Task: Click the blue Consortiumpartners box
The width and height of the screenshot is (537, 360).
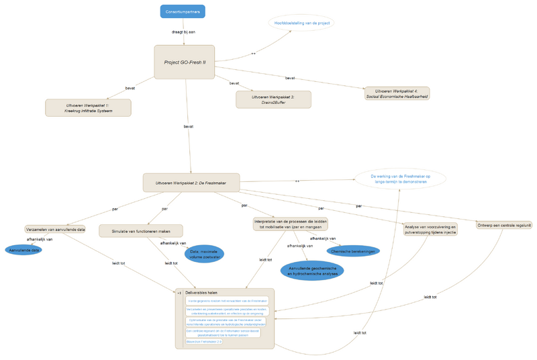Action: [183, 11]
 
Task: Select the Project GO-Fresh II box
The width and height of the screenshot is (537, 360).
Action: [185, 62]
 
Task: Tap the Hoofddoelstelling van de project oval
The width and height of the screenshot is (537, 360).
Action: [301, 23]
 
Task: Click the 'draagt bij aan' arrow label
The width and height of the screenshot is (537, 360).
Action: [183, 32]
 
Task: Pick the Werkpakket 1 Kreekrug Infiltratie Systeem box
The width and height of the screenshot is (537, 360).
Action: [88, 107]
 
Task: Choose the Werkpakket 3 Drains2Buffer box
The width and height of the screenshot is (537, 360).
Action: [273, 99]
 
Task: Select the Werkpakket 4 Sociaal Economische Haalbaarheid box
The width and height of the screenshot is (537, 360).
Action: [396, 93]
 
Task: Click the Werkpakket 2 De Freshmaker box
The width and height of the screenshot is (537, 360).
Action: [191, 183]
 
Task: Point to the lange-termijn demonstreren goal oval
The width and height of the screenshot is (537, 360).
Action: [400, 179]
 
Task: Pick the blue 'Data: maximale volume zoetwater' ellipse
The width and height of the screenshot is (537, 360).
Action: [204, 254]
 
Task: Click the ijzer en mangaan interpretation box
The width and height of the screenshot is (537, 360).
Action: [291, 224]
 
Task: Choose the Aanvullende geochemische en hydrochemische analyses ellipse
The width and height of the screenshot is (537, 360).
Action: [312, 271]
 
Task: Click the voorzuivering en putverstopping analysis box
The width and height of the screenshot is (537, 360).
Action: [430, 230]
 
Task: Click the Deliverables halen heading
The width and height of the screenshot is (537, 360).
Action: [201, 292]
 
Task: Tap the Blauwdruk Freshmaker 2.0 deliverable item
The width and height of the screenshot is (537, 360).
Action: [204, 341]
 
